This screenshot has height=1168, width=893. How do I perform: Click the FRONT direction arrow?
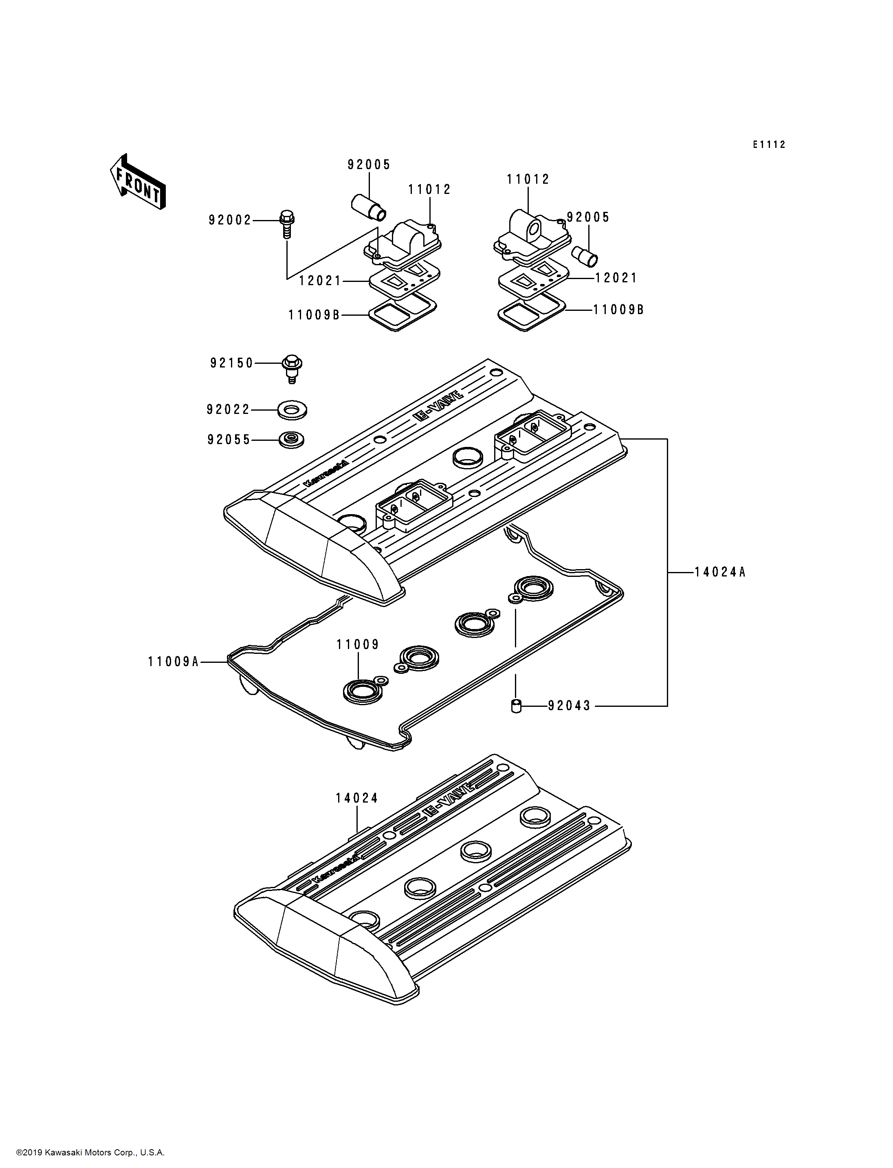(138, 182)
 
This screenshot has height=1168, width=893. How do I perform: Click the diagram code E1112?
(769, 145)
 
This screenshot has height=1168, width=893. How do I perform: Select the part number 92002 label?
(230, 220)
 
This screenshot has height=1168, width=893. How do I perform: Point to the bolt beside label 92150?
(292, 368)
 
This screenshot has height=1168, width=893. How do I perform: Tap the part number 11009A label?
(173, 662)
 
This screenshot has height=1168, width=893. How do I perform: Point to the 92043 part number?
(569, 706)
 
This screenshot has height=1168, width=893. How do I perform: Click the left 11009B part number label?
(314, 315)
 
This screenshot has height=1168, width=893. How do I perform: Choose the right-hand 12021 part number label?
(616, 277)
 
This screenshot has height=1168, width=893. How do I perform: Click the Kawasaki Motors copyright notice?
(90, 1153)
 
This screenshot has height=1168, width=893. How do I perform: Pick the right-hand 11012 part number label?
(528, 179)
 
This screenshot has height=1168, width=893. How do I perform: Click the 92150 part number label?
(232, 363)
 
